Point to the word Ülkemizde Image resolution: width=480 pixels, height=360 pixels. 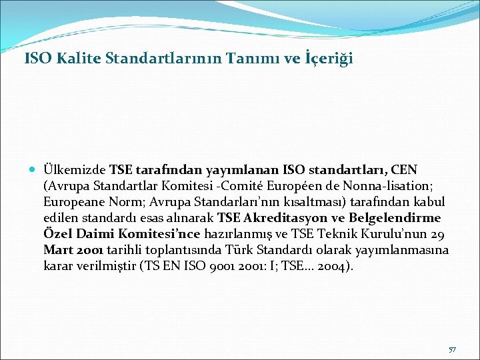pos(74,170)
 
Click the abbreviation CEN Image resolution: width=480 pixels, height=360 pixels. pos(403,170)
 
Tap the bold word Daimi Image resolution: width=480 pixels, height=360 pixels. pos(93,234)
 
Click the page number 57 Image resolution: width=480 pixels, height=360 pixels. pos(452,349)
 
